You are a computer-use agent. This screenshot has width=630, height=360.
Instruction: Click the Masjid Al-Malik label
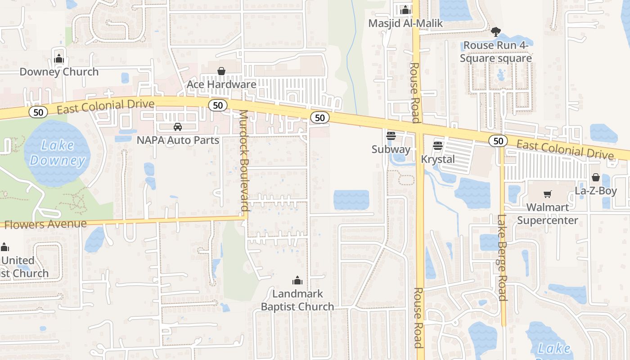click(405, 23)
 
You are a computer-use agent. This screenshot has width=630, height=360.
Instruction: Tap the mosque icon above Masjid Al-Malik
click(405, 10)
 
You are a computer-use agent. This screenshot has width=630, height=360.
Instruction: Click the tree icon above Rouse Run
click(495, 32)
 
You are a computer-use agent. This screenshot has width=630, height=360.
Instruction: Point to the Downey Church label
click(59, 72)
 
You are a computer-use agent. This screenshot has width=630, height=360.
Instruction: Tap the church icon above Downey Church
click(59, 58)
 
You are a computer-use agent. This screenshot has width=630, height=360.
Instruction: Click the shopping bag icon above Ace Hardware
click(221, 71)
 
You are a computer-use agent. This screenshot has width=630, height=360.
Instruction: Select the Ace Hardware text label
click(221, 84)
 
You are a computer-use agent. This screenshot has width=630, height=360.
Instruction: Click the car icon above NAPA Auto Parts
click(178, 127)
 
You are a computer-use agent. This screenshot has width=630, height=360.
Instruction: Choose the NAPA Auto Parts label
click(178, 140)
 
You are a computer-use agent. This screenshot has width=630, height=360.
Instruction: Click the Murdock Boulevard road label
click(243, 160)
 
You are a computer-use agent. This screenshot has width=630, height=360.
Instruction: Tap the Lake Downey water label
click(57, 153)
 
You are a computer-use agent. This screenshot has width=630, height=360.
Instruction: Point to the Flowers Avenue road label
click(45, 224)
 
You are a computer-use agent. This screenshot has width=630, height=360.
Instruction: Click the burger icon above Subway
click(391, 136)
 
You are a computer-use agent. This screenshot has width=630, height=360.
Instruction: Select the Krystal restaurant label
click(438, 159)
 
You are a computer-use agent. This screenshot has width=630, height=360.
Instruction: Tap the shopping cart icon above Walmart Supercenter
click(548, 194)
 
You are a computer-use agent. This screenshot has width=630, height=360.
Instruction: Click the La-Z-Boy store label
click(596, 190)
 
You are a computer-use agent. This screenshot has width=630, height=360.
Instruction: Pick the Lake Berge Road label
click(502, 257)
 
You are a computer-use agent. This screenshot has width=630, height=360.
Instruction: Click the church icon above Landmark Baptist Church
click(297, 281)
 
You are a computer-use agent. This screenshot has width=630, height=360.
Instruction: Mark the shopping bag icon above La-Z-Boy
click(596, 177)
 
